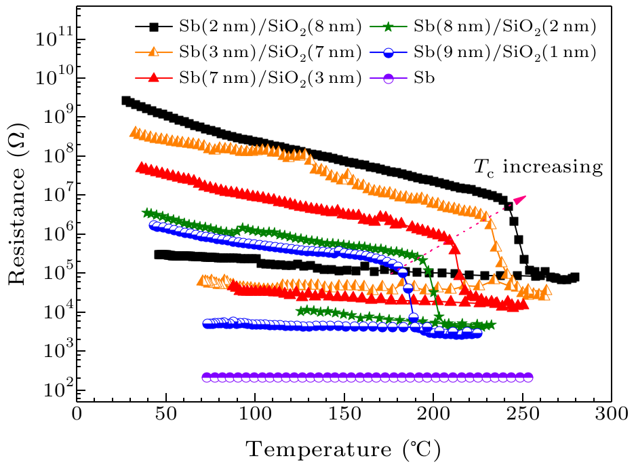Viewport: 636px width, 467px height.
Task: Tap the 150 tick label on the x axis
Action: (344, 413)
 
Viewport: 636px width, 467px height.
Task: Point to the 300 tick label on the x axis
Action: (612, 413)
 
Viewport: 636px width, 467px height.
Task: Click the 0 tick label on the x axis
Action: (77, 413)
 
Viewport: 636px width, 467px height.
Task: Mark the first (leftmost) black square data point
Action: (125, 100)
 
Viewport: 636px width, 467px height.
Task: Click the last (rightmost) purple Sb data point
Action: (528, 377)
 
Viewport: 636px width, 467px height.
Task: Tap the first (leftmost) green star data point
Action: (146, 213)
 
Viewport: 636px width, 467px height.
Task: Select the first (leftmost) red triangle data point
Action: (141, 167)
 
